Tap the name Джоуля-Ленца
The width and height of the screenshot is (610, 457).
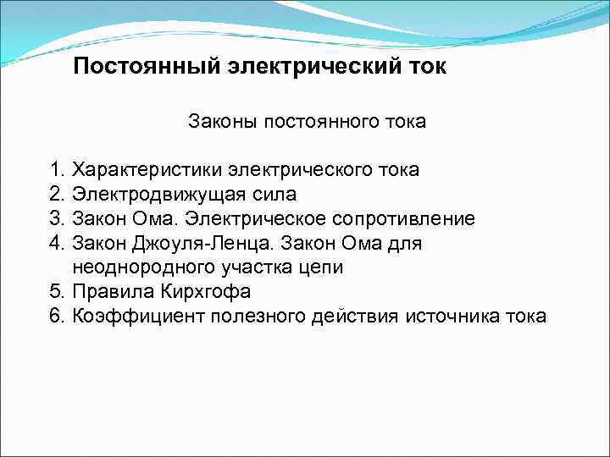[187, 244]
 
